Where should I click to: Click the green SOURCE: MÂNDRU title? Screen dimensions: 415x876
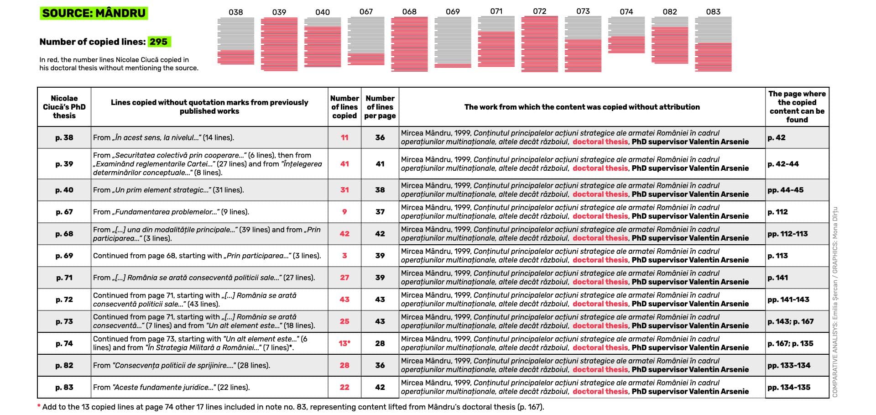pos(94,13)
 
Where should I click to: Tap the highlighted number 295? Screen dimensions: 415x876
pos(158,42)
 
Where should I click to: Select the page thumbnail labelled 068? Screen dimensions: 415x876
pos(409,44)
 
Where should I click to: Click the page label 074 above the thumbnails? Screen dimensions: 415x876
pos(626,12)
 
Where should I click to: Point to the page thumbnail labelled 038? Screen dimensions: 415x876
pos(235,41)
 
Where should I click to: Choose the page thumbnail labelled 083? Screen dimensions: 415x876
pos(713,44)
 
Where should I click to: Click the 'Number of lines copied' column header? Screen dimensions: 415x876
pos(344,107)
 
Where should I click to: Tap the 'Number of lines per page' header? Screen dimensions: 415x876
pos(380,107)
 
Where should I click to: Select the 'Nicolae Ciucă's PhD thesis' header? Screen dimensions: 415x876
pos(64,107)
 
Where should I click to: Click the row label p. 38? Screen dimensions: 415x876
pos(64,137)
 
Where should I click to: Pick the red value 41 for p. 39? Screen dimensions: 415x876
pos(344,164)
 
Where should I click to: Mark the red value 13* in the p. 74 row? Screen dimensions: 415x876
pos(344,343)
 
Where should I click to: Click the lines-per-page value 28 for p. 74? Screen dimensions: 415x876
pos(380,343)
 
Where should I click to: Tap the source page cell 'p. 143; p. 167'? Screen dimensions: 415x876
pos(790,321)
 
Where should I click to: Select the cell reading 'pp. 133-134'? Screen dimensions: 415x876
pos(789,365)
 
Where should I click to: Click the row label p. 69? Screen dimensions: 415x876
pos(64,256)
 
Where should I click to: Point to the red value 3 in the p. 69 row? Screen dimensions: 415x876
pos(344,256)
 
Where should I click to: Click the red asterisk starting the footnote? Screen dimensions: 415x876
pos(39,406)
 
